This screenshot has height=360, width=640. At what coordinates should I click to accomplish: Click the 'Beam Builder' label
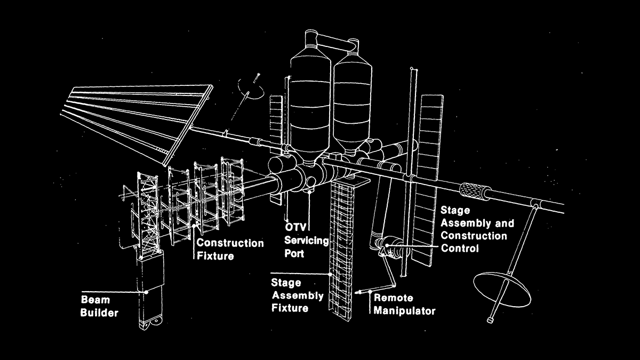pos(99,305)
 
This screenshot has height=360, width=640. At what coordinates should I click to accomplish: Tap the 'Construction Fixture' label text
pos(230,249)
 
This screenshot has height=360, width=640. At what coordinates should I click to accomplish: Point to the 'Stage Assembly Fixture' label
pos(297,295)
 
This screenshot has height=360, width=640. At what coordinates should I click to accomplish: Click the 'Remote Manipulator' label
pos(404,304)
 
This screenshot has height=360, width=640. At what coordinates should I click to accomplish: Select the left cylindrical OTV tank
pos(310,101)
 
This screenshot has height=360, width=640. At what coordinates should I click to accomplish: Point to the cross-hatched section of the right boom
pos(473,191)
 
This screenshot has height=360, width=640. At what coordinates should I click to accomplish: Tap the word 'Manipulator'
pos(404,310)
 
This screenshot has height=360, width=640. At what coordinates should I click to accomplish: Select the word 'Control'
pos(459,248)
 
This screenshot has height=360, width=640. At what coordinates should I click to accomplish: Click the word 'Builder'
pos(99,312)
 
